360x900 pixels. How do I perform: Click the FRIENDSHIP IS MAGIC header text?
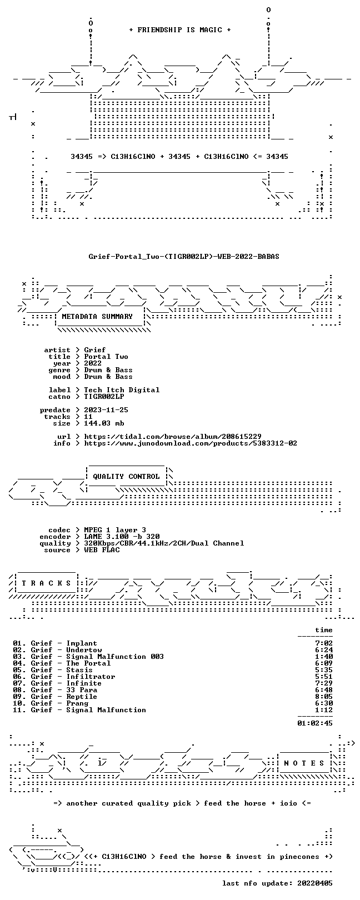179,30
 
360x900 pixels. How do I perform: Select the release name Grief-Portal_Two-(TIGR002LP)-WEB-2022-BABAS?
184,256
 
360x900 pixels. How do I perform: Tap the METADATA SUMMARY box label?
97,317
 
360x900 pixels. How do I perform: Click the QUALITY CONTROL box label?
126,477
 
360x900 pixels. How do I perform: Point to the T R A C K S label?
46,583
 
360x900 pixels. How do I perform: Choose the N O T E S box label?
304,763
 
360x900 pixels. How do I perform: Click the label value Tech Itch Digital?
122,390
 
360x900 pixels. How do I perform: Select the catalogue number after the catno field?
104,397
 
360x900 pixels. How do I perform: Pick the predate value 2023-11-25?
106,410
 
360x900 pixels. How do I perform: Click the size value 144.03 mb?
104,423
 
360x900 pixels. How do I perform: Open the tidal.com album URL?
173,436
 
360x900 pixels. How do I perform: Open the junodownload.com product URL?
191,443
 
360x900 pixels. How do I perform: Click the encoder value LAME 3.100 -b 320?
122,536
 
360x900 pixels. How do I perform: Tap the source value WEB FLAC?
102,549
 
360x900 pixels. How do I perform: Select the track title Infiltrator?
91,677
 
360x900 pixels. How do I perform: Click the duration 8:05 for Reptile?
324,697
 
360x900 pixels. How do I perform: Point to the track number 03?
17,657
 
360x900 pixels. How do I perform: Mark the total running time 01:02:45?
315,723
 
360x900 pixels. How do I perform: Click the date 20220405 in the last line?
315,883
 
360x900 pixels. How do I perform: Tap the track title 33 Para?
82,690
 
